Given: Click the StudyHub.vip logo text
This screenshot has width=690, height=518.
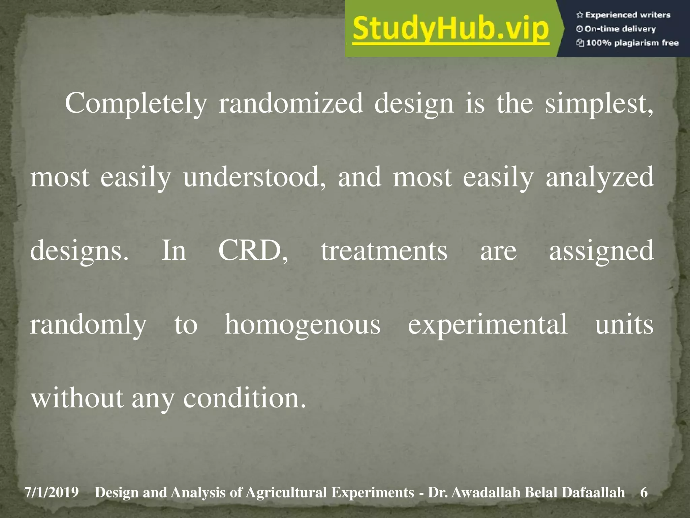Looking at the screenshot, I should [x=451, y=30].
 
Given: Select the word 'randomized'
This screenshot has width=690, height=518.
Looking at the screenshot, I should [x=291, y=104].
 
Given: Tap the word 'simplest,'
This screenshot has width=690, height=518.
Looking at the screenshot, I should [x=599, y=104].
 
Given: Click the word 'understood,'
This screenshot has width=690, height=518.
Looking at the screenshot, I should [x=255, y=177].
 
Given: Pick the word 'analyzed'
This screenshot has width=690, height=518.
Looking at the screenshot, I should [x=600, y=177].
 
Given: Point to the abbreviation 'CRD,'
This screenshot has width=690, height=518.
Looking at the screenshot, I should [x=253, y=251].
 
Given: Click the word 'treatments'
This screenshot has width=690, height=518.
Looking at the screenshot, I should [x=384, y=251].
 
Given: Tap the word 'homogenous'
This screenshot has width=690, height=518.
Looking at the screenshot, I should [x=302, y=324].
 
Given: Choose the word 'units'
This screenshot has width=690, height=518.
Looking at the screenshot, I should [x=624, y=324].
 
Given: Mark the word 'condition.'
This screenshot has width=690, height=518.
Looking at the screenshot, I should [x=245, y=398].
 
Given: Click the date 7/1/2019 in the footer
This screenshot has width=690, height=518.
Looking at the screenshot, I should [x=51, y=493].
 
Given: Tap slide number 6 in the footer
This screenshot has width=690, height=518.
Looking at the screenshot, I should [x=644, y=493].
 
